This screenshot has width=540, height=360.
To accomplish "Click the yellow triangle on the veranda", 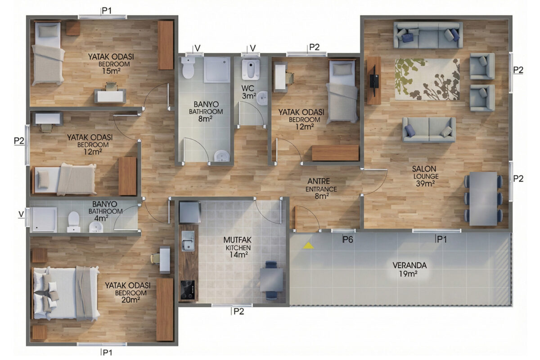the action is point(308,246).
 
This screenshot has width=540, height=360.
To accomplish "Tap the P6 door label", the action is point(348,239).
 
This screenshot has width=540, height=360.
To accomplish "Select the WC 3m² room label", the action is point(249,92).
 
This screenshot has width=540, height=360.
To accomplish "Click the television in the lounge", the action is point(374,81).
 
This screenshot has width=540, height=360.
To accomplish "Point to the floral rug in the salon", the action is point(427,79).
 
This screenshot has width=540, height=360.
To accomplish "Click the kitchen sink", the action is point(188,241).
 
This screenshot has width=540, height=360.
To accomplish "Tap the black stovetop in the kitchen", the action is point(188,290).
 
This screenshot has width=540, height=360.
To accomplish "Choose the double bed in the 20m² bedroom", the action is point(66,294).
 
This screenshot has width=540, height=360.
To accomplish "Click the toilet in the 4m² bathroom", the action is point(73,222).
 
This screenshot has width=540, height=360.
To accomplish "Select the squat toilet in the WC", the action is point(251,69).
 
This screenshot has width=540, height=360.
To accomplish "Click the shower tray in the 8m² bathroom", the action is point(217,70).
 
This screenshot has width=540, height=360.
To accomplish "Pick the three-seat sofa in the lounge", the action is point(428,35).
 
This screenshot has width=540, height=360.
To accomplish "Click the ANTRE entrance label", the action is point(321,189).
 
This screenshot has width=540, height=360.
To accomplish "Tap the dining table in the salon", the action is point(483,199).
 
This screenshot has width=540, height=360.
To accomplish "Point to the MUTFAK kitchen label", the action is point(238,247).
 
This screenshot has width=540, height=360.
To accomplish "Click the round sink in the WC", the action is point(262,98).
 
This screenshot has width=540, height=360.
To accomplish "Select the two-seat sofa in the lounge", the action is point(429,130).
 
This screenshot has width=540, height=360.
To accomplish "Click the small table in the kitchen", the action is point(271,280).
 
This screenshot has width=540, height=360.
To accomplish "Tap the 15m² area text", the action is point(111,71).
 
